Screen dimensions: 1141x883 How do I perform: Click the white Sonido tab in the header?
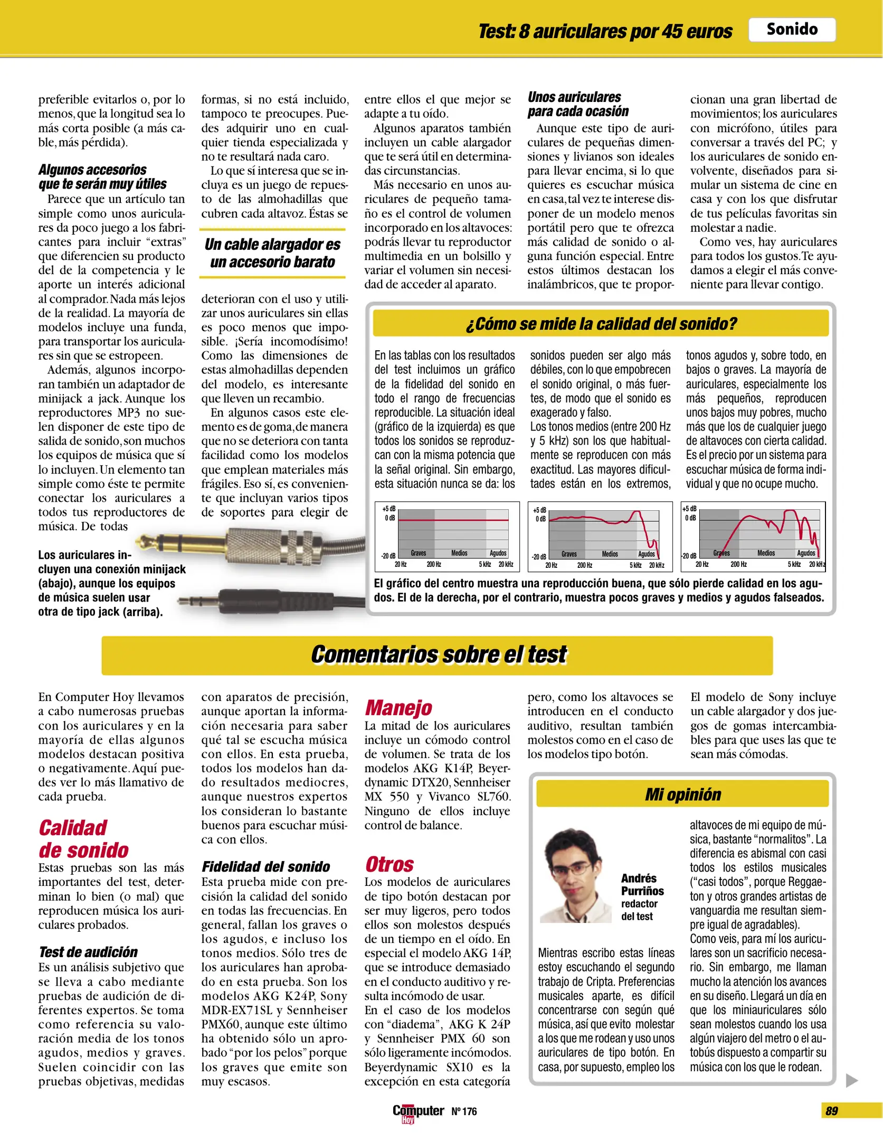(x=791, y=30)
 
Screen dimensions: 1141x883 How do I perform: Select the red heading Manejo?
(x=398, y=707)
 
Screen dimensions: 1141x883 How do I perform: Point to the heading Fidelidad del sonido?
(x=265, y=866)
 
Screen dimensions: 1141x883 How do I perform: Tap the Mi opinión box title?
(x=682, y=794)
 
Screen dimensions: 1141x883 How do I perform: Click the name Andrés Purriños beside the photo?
(x=642, y=885)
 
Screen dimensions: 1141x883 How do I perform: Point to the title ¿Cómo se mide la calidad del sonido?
(x=601, y=323)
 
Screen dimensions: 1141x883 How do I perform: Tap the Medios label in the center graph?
(x=610, y=554)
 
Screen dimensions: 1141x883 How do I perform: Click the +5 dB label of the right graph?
(x=689, y=509)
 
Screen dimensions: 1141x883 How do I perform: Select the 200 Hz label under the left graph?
(x=434, y=565)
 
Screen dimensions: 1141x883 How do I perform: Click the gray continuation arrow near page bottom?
(x=851, y=1080)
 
